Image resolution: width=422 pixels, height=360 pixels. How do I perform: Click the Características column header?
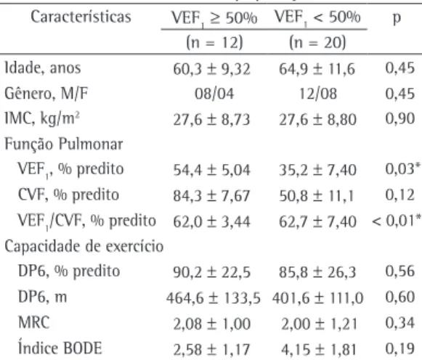(x=81, y=17)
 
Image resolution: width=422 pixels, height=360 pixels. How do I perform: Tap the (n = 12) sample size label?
(x=214, y=43)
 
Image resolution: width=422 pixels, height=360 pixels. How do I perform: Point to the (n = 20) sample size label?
(x=317, y=43)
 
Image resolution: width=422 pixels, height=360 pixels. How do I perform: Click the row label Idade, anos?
(x=43, y=68)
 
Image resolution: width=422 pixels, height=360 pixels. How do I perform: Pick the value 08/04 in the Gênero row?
(x=214, y=94)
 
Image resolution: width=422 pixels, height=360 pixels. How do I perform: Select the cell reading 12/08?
(x=318, y=94)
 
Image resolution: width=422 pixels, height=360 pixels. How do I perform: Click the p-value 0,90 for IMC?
(x=400, y=118)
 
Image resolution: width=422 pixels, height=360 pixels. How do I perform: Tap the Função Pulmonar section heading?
(x=64, y=144)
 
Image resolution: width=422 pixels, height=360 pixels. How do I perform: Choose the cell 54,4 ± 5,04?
(x=212, y=170)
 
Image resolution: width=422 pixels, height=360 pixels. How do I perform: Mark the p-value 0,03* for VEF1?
(x=403, y=169)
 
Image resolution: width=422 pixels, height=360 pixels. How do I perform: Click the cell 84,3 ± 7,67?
(x=212, y=195)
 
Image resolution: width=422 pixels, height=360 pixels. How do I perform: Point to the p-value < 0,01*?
(x=397, y=221)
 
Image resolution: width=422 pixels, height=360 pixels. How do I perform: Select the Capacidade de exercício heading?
(x=84, y=246)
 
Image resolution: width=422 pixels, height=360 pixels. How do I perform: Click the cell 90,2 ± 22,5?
(x=212, y=272)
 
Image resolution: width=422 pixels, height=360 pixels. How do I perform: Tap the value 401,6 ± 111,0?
(x=318, y=298)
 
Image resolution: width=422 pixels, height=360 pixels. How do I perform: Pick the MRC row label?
(x=34, y=322)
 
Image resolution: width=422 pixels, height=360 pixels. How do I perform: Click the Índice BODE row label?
(x=60, y=348)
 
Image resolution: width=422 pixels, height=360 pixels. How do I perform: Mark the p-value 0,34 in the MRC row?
(x=400, y=323)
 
